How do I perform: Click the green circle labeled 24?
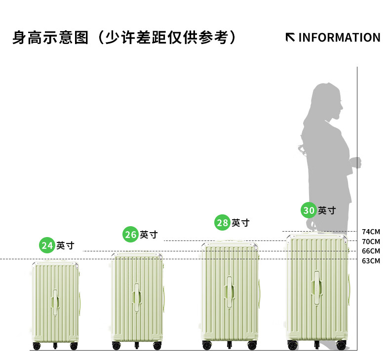click(47, 245)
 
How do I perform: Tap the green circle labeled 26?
click(130, 234)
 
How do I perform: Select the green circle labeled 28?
click(223, 223)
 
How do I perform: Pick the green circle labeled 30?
click(309, 210)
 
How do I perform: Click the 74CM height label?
click(371, 232)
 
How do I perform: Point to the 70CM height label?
click(371, 241)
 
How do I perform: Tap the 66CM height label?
click(371, 251)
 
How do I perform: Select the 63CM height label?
click(371, 260)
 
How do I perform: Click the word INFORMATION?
click(339, 38)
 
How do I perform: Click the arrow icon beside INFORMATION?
click(291, 38)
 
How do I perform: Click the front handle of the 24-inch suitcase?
click(55, 301)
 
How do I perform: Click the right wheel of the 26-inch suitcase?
click(157, 345)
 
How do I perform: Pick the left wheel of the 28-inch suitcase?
click(206, 345)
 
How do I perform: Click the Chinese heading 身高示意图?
click(50, 38)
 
